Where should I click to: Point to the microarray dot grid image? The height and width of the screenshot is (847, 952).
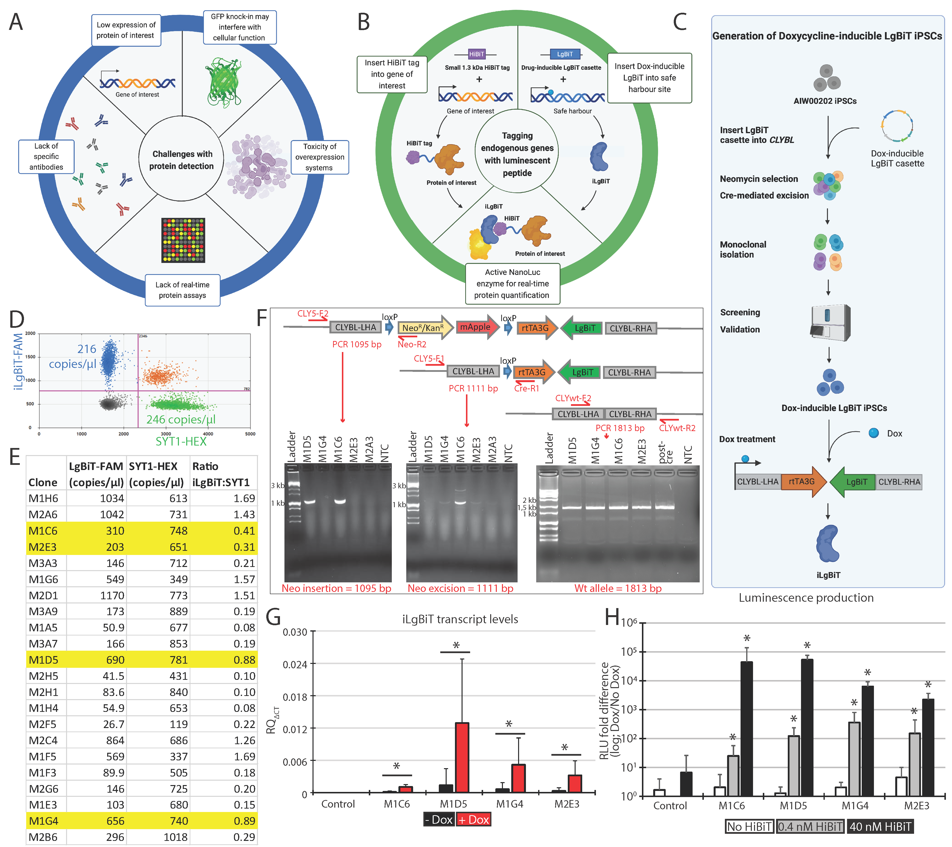pos(183,240)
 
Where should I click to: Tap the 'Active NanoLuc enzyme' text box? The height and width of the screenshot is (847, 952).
pos(512,283)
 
